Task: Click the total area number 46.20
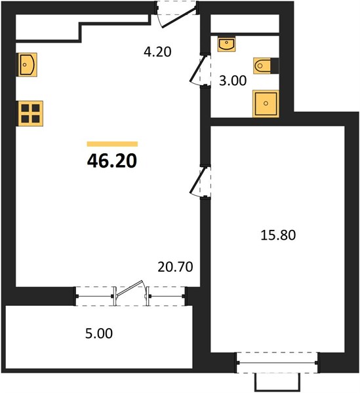point(112,160)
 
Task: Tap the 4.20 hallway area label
point(157,52)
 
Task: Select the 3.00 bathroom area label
point(233,81)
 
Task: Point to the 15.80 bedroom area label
point(278,235)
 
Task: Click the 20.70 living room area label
point(175,267)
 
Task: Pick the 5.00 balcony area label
point(99,333)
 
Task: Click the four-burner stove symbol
point(30,113)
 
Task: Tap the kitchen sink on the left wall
point(27,65)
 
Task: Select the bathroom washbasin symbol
point(226,44)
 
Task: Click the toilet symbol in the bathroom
point(262,66)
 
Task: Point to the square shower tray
point(266,103)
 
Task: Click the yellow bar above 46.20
point(112,144)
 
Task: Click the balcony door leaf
point(130,288)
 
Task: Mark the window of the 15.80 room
point(277,362)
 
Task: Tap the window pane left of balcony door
point(95,296)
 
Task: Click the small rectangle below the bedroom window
point(277,382)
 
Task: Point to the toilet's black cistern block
point(275,66)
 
